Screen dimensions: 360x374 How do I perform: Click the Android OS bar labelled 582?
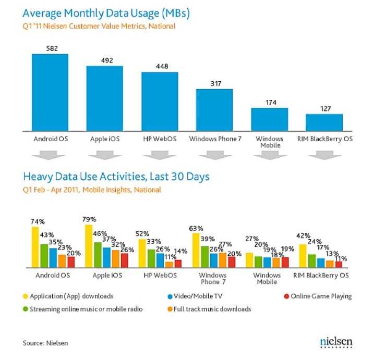50,92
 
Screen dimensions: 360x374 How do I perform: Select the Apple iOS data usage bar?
105,98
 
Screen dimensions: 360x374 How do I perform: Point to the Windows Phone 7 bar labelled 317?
214,110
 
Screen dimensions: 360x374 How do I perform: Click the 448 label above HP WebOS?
160,67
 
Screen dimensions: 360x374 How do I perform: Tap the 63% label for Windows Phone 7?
197,228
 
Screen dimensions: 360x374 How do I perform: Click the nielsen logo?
336,342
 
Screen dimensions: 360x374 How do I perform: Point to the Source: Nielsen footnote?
45,343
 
